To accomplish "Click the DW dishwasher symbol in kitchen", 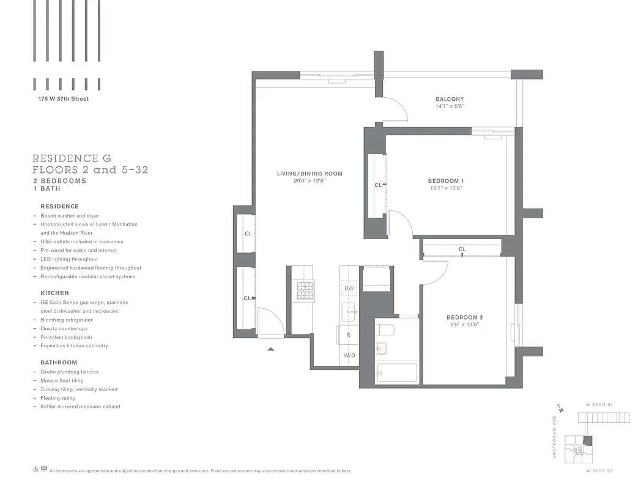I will pos(349,288).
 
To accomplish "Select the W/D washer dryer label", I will pos(349,355).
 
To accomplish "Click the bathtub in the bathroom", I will pos(397,373).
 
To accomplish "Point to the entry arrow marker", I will pos(271,349).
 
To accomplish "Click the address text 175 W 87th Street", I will pos(63,99).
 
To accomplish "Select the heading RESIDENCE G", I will pos(72,158).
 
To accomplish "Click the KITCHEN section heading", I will pos(54,293).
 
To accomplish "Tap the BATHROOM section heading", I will pos(59,362).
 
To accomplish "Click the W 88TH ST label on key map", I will pos(599,405).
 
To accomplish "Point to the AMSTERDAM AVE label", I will pos(555,437).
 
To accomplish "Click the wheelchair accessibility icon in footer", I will pos(35,469).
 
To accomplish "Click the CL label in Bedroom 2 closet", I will pos(462,249).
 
